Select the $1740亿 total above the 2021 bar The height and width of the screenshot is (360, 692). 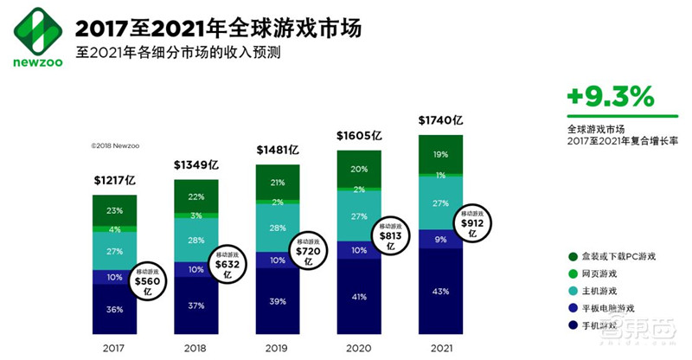pyautogui.click(x=441, y=119)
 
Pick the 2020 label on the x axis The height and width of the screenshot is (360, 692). pyautogui.click(x=359, y=346)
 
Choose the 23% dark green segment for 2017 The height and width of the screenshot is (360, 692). pyautogui.click(x=115, y=209)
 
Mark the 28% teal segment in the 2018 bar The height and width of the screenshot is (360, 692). pyautogui.click(x=196, y=239)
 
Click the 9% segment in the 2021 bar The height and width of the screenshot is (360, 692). pyautogui.click(x=440, y=239)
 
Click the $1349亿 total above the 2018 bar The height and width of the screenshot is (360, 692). pyautogui.click(x=196, y=164)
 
